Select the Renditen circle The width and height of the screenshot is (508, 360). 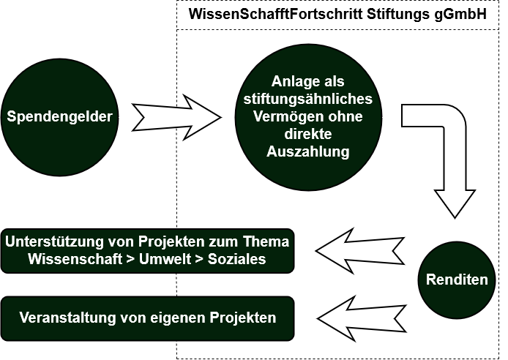[457, 280]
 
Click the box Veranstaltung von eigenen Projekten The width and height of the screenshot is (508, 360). [148, 318]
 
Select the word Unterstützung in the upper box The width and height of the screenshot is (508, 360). [58, 241]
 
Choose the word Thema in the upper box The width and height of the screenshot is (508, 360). [266, 241]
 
